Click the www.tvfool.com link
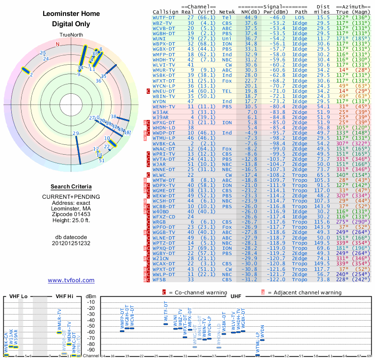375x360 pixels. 71,280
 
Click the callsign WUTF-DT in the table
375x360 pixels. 165,17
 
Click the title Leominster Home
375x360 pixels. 71,14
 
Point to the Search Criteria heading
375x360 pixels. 71,187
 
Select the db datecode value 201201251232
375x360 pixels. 71,243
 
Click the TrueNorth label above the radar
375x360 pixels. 71,36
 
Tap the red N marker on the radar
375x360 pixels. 58,45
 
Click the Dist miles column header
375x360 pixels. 323,9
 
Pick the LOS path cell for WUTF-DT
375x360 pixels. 300,17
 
